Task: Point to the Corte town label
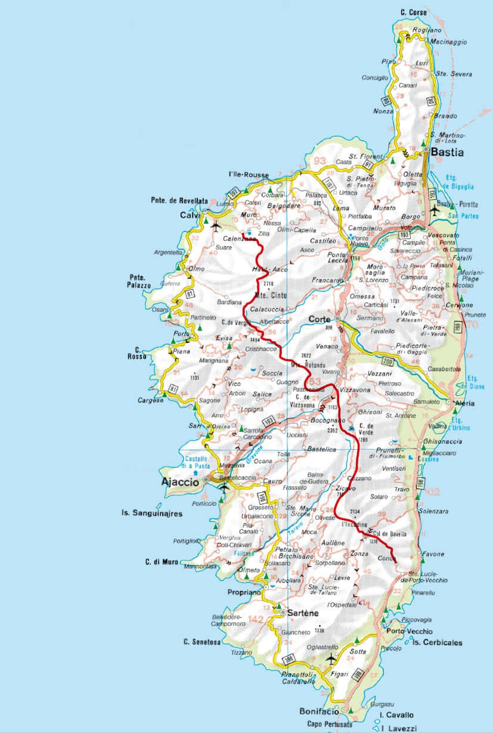[x=319, y=320]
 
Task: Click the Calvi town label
[x=187, y=215]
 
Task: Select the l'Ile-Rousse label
[x=249, y=174]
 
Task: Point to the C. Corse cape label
[x=414, y=13]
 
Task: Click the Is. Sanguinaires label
[x=152, y=513]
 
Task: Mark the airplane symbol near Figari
[x=331, y=660]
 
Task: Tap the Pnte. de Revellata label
[x=179, y=202]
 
